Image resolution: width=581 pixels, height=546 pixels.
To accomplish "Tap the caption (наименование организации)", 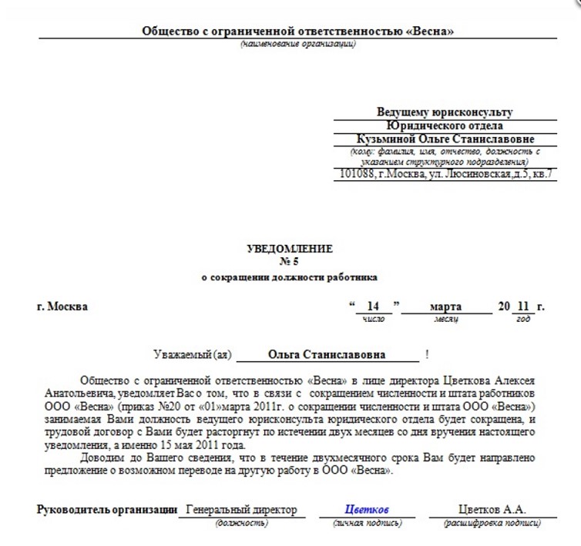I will click(x=298, y=44).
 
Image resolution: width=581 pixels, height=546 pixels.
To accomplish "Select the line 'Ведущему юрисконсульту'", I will click(x=445, y=112).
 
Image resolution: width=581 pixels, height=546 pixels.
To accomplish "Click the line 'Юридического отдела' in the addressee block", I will click(x=445, y=126).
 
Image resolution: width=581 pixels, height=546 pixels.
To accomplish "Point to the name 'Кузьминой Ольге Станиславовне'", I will click(x=445, y=139).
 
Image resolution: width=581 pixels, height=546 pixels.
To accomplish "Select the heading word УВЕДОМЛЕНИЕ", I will click(x=290, y=249).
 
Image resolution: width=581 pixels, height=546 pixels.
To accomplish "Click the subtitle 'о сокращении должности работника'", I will click(x=290, y=276).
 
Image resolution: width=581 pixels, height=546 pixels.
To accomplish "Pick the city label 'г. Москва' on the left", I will click(x=62, y=306).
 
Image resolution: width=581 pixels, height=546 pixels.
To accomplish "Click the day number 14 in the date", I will click(x=374, y=306).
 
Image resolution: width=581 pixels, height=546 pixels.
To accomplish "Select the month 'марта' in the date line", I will click(x=446, y=306).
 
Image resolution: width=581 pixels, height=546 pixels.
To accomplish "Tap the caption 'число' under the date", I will click(x=374, y=318).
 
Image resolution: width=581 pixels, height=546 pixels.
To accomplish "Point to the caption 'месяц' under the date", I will click(x=446, y=318).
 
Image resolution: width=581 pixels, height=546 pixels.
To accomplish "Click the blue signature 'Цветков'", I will click(x=367, y=510).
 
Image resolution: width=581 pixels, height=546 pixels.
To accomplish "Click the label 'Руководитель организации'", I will click(x=106, y=510).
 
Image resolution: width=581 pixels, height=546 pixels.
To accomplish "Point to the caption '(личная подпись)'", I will click(x=367, y=523).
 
